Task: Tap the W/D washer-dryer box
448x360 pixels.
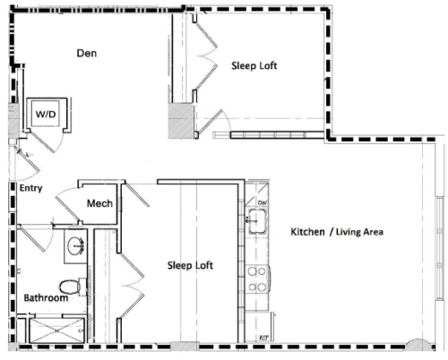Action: [x=44, y=115]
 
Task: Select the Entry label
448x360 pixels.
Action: [x=30, y=188]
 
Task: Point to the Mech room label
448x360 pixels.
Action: [x=99, y=204]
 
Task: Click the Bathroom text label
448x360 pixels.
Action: [x=46, y=297]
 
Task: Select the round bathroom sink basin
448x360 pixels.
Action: [x=75, y=246]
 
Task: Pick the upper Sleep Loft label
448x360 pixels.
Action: [x=254, y=65]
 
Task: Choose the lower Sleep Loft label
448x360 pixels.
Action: [x=191, y=266]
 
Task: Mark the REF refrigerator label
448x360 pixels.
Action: [x=263, y=338]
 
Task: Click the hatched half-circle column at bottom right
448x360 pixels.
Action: [x=416, y=347]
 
